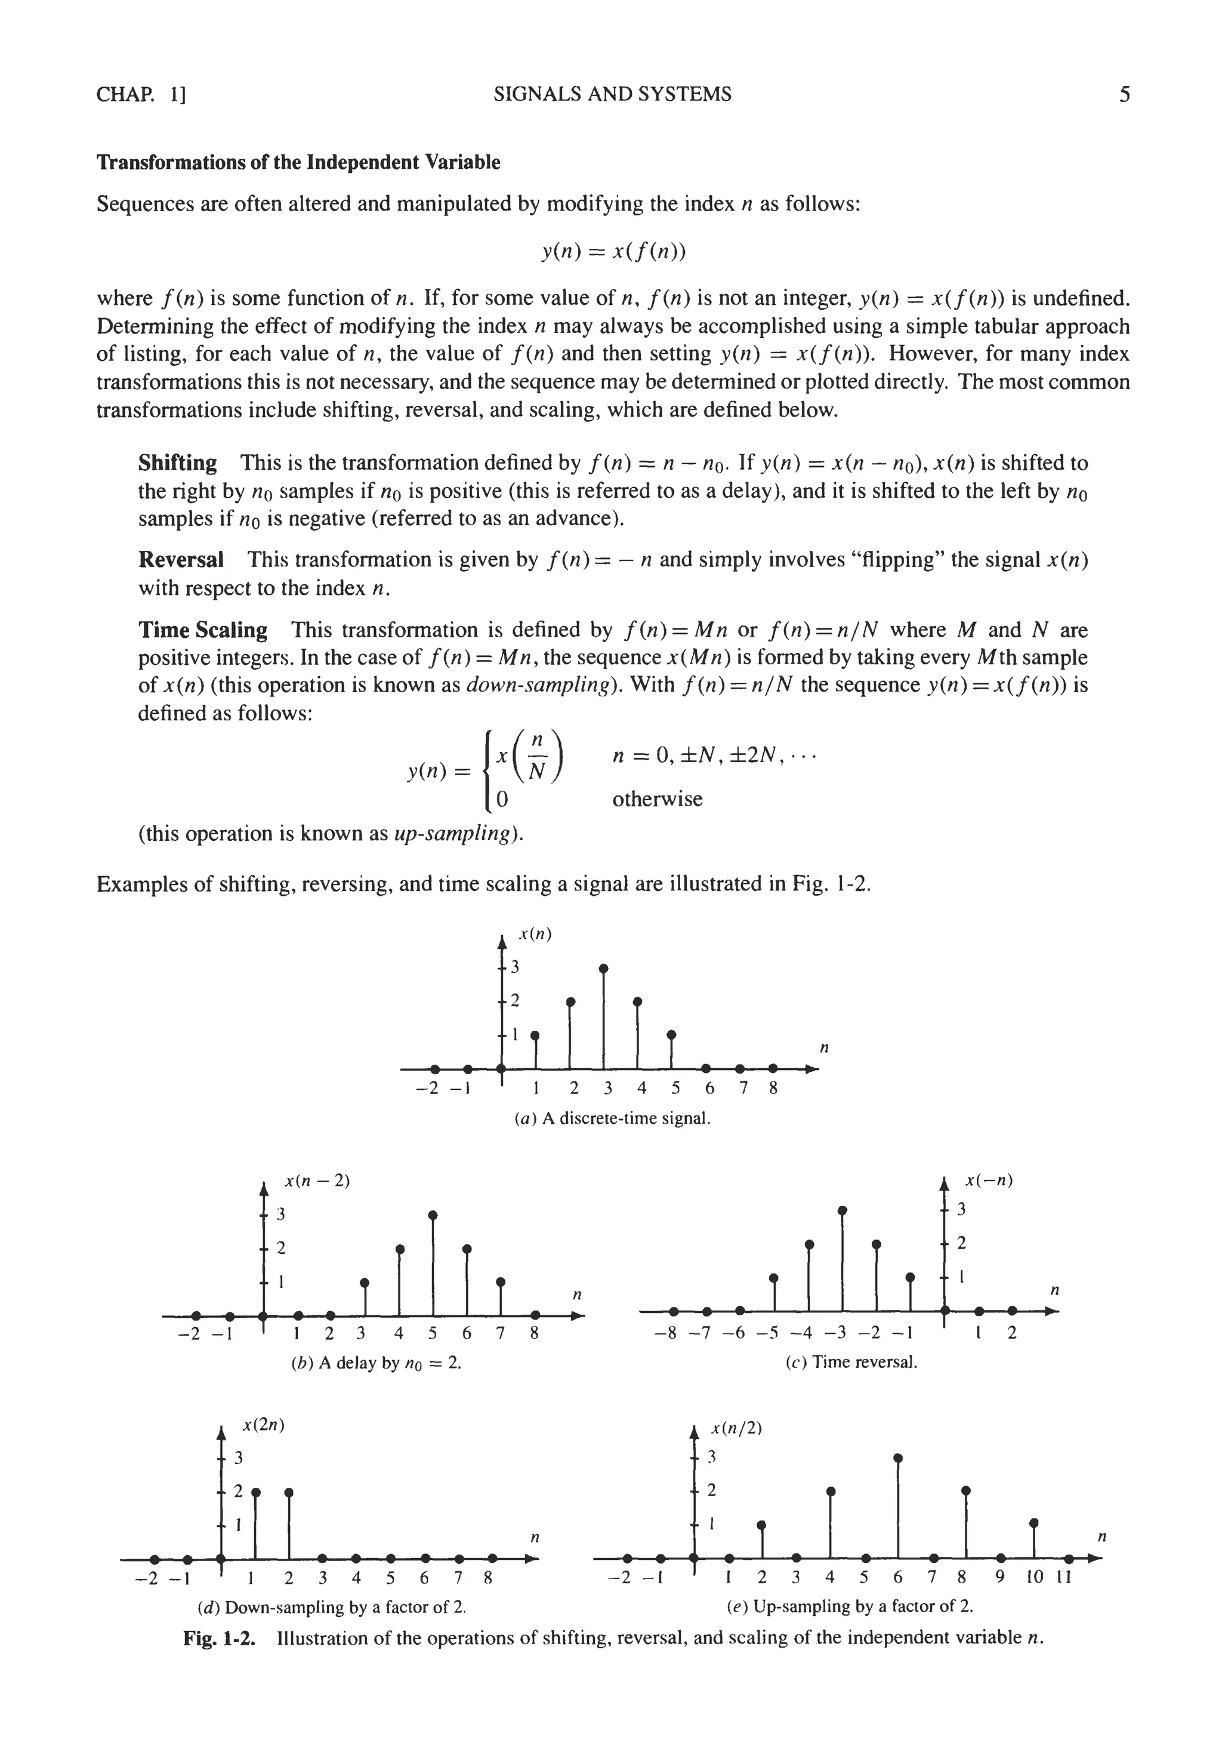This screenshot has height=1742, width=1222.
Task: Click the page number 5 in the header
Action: [1124, 95]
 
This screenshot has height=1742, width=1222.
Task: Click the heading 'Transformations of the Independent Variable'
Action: [298, 162]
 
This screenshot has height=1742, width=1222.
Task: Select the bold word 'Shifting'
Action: [177, 463]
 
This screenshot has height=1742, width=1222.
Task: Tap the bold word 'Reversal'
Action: [181, 560]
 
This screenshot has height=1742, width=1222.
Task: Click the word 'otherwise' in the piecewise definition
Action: [657, 799]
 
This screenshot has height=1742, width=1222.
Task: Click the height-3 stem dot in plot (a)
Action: [603, 968]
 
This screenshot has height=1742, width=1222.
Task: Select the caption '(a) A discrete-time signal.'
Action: [612, 1118]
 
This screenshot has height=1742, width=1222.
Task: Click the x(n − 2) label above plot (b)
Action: [317, 1180]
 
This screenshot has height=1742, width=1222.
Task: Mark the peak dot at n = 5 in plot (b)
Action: [433, 1214]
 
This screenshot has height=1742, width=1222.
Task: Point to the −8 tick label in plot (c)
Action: [665, 1333]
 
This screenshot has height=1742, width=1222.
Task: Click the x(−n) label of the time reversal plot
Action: [989, 1180]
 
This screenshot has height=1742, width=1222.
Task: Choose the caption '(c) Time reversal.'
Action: [851, 1362]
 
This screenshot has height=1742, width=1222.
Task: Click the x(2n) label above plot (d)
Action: [263, 1425]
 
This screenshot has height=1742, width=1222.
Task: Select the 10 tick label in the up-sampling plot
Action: [1035, 1577]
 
